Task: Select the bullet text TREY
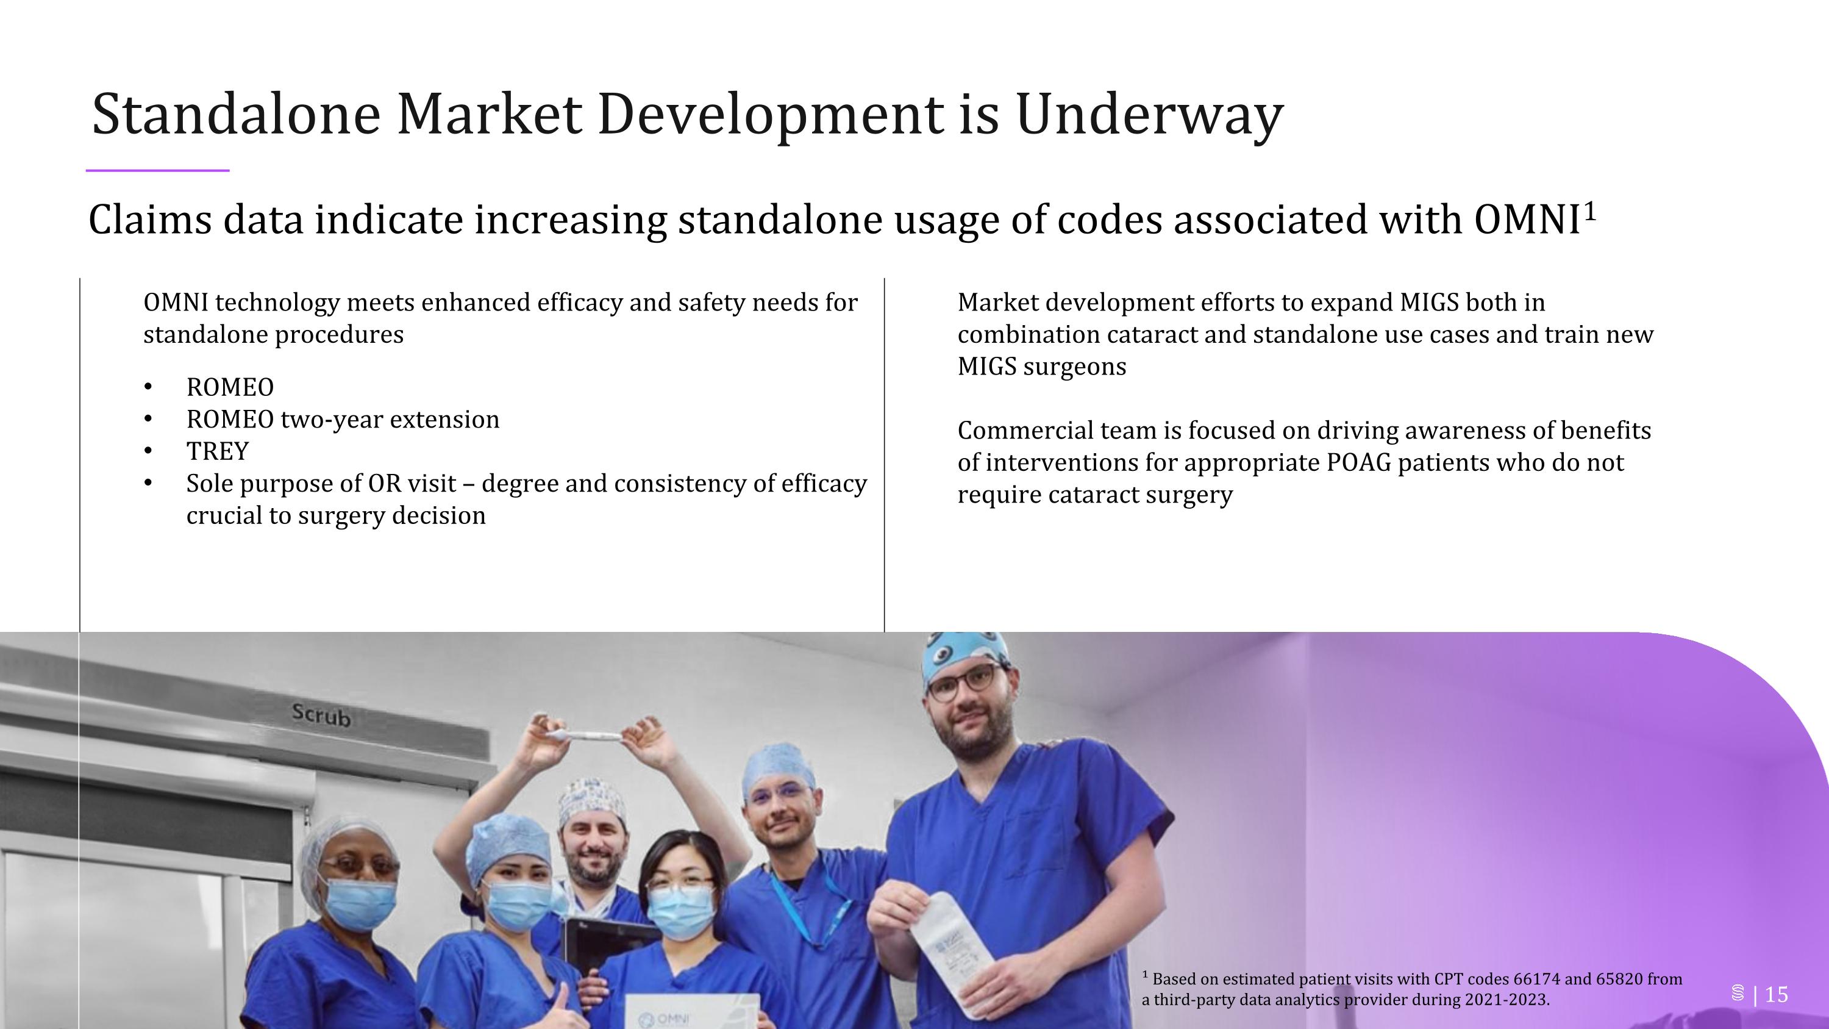[x=217, y=451]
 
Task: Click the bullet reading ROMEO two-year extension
[x=342, y=420]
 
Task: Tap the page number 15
[x=1776, y=994]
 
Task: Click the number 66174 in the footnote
[x=1536, y=980]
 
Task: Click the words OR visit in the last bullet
[x=411, y=484]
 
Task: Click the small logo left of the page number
[x=1738, y=994]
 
